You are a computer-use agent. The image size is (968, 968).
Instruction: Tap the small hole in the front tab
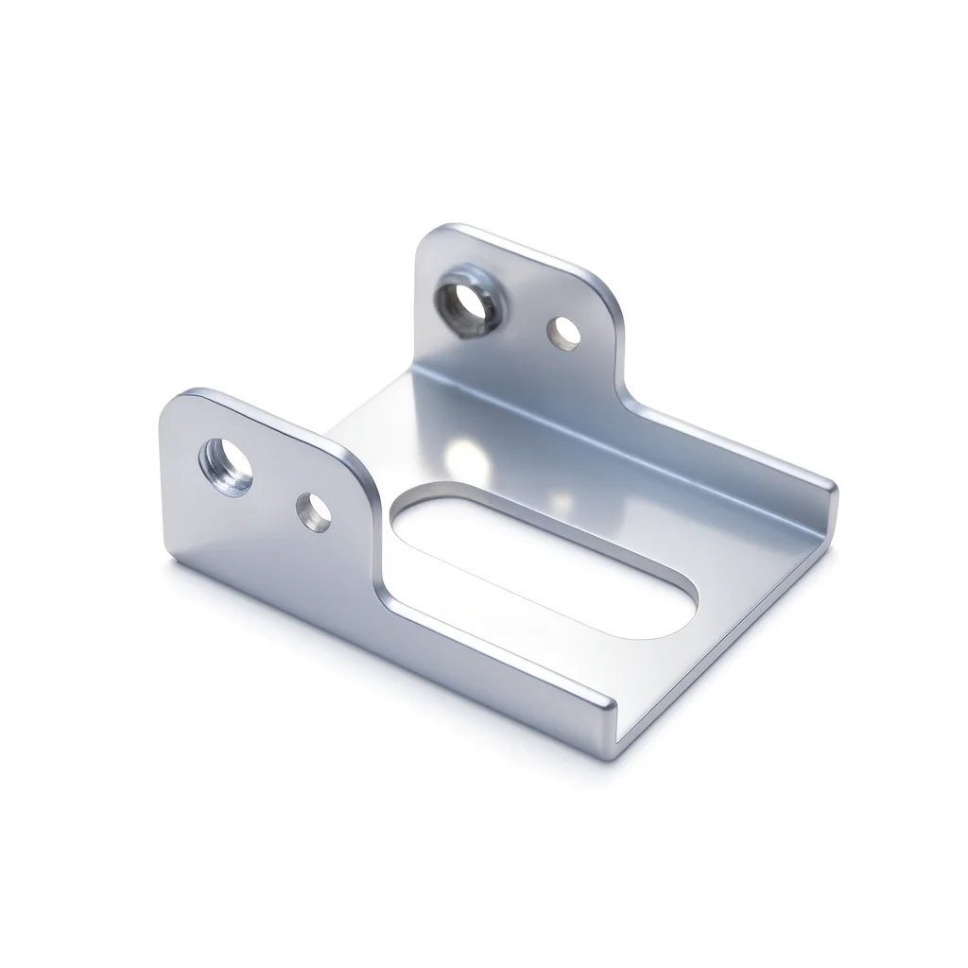click(314, 511)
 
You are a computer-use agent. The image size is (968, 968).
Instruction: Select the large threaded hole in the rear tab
click(466, 301)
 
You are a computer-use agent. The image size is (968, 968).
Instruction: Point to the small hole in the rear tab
click(566, 332)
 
